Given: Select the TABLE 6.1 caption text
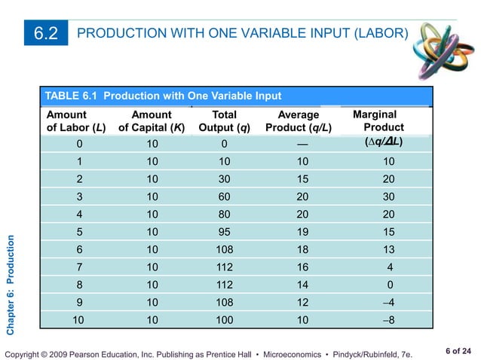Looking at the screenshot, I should pyautogui.click(x=164, y=96).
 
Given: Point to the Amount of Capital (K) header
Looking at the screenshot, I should pyautogui.click(x=152, y=121).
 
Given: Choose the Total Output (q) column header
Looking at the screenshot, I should pyautogui.click(x=224, y=121).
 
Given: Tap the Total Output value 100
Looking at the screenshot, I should pyautogui.click(x=224, y=321).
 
